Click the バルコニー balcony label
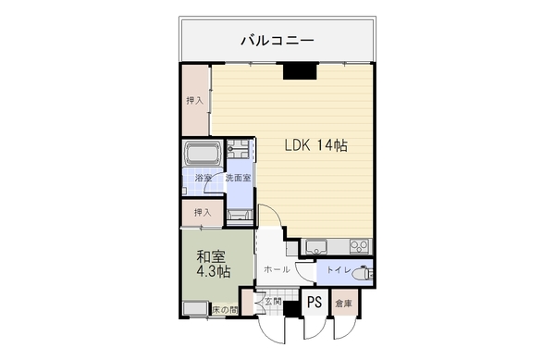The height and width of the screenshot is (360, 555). coord(277,40)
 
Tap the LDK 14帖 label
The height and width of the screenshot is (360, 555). coord(316,145)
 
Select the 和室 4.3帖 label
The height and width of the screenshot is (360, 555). coord(214,264)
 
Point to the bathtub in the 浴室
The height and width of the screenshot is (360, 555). coord(203,154)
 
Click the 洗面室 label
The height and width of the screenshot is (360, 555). coord(239,178)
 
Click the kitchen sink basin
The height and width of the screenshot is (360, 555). coord(317,246)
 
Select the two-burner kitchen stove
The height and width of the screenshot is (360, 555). coord(359,246)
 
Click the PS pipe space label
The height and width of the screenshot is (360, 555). coord(314,303)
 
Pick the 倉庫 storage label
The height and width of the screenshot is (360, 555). coord(344,304)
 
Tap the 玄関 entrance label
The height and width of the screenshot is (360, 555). coord(273,302)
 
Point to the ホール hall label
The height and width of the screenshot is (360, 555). coord(277,269)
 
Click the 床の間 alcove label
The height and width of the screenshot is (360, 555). coord(225,310)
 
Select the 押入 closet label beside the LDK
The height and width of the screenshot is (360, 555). coord(195,101)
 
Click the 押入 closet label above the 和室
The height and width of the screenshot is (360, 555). coord(203,212)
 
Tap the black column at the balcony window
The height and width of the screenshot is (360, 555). coord(300,70)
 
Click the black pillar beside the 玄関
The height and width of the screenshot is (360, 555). coord(291,309)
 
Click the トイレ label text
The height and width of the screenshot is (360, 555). coord(338,269)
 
